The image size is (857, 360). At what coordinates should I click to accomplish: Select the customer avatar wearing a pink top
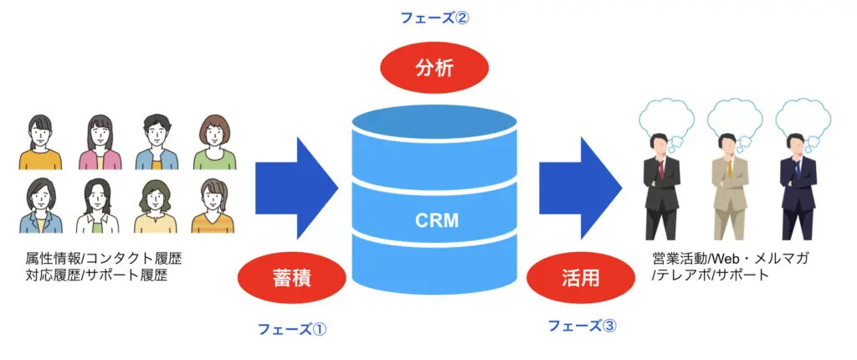click(x=100, y=142)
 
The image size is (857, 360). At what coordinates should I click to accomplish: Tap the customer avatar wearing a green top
click(x=215, y=142)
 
